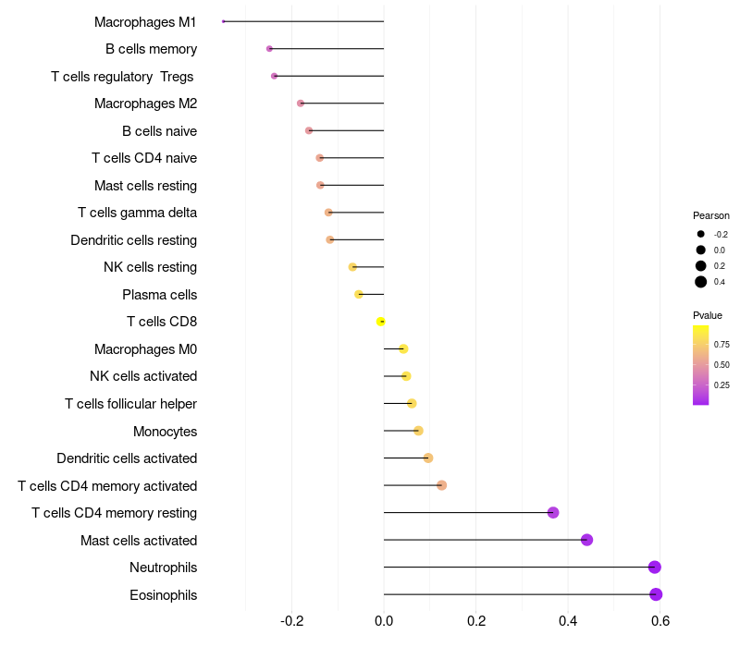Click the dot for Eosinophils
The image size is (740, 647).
coord(656,594)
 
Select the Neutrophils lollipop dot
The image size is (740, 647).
coord(655,568)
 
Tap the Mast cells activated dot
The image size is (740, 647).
coord(586,540)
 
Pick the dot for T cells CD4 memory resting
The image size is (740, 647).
coord(553,513)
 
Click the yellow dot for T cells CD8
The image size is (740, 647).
coord(380,322)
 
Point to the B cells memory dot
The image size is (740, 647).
coord(269,49)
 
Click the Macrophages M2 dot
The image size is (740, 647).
coord(301,104)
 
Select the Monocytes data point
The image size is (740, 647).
coord(418,431)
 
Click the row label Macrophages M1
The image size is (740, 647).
coord(145,21)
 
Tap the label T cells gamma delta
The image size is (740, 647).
coord(137,213)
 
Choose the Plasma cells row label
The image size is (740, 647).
coord(159,295)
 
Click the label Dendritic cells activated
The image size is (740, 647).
coord(127,458)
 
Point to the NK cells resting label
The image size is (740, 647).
coord(150,267)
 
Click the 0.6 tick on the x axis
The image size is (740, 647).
coord(660,620)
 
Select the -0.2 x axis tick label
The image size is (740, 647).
coord(292,620)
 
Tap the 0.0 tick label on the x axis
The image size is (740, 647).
coord(384,620)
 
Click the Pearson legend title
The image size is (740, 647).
coord(711,215)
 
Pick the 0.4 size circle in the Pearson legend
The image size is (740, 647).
coord(701,282)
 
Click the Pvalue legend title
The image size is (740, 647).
coord(708,315)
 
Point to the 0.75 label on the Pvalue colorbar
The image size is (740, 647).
coord(721,344)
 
